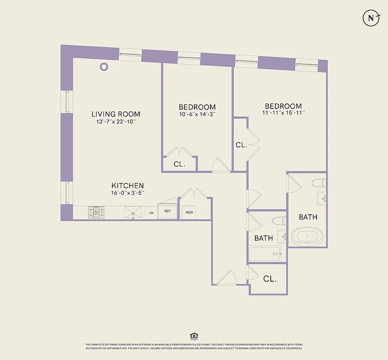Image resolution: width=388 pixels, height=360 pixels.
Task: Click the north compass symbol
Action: pos(371,18)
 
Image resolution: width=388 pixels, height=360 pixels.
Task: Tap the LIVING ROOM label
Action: pos(116,114)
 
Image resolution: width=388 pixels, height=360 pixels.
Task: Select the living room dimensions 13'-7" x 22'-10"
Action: pos(116,121)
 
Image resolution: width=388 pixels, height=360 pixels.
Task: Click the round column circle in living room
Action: pos(104,67)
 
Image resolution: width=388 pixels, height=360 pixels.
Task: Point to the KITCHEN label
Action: pos(128,185)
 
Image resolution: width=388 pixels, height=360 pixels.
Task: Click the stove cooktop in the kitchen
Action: pos(96,212)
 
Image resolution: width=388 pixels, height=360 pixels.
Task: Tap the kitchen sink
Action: pos(134,212)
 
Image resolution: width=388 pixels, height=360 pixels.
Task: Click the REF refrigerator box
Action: pos(167,211)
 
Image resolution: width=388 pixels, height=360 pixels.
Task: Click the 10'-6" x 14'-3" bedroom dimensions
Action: pos(197,115)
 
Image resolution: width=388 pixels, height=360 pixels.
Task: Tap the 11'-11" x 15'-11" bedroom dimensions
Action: pos(283,112)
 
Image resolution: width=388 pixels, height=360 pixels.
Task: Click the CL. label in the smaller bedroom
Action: pos(179,164)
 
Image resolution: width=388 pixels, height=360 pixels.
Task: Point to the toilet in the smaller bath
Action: pos(279,221)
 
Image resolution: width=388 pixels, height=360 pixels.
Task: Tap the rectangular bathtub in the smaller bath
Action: pos(265,254)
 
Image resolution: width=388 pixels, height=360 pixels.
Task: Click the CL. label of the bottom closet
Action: pos(269,279)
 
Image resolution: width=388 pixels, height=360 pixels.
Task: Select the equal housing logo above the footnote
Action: pos(194,336)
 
